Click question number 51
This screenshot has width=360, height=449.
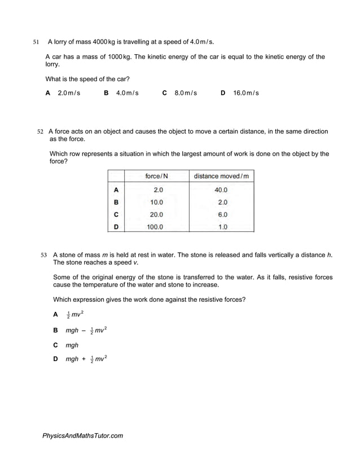(x=36, y=42)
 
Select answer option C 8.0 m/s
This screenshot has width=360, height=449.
(x=179, y=93)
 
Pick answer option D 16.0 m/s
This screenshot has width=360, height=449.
(x=240, y=93)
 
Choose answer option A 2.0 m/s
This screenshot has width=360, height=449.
(x=63, y=93)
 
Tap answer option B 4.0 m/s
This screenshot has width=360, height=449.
(x=121, y=93)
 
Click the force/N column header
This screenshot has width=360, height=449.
(x=156, y=177)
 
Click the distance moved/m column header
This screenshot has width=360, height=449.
(x=221, y=177)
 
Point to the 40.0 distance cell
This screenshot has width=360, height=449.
(x=221, y=190)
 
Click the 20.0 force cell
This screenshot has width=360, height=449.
(x=156, y=214)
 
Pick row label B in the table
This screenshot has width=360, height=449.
(x=116, y=202)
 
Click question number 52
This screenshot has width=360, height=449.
(x=40, y=131)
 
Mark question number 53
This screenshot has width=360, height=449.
(x=44, y=255)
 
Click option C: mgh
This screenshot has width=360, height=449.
(x=66, y=345)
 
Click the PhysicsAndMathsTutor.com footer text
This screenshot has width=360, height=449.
(x=82, y=435)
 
